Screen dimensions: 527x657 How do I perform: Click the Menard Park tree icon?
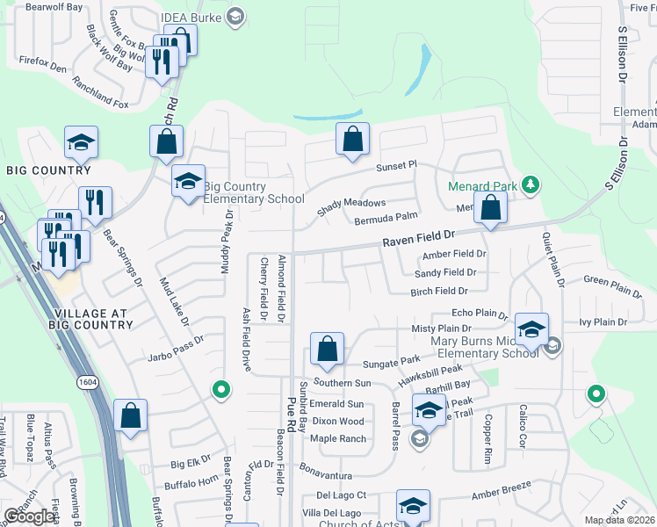click(530, 184)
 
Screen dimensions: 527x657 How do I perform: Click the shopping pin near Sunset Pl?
click(352, 140)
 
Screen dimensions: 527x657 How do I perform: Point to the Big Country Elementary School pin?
click(187, 182)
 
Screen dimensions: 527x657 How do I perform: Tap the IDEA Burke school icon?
click(235, 16)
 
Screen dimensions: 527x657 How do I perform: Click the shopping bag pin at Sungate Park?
click(327, 349)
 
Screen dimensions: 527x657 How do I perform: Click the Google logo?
click(30, 516)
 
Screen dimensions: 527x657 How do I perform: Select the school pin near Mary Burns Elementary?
click(531, 329)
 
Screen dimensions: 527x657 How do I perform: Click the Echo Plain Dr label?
click(479, 313)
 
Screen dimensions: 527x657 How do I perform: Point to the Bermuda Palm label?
click(385, 220)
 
